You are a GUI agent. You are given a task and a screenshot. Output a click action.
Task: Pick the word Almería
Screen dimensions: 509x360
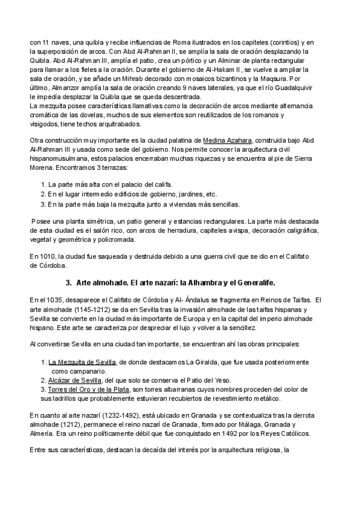tap(42, 433)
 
